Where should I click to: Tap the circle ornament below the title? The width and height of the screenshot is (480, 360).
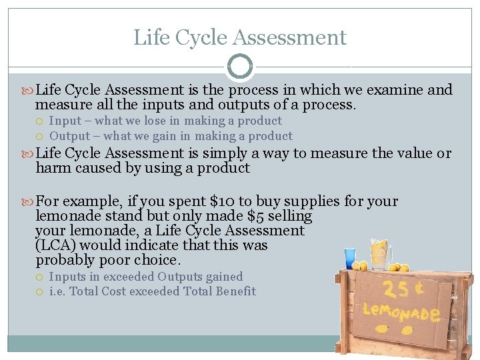[x=240, y=67]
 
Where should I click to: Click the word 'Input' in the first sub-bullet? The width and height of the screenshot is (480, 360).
[x=65, y=121]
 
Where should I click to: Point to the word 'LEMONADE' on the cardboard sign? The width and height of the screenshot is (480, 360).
[x=401, y=313]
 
